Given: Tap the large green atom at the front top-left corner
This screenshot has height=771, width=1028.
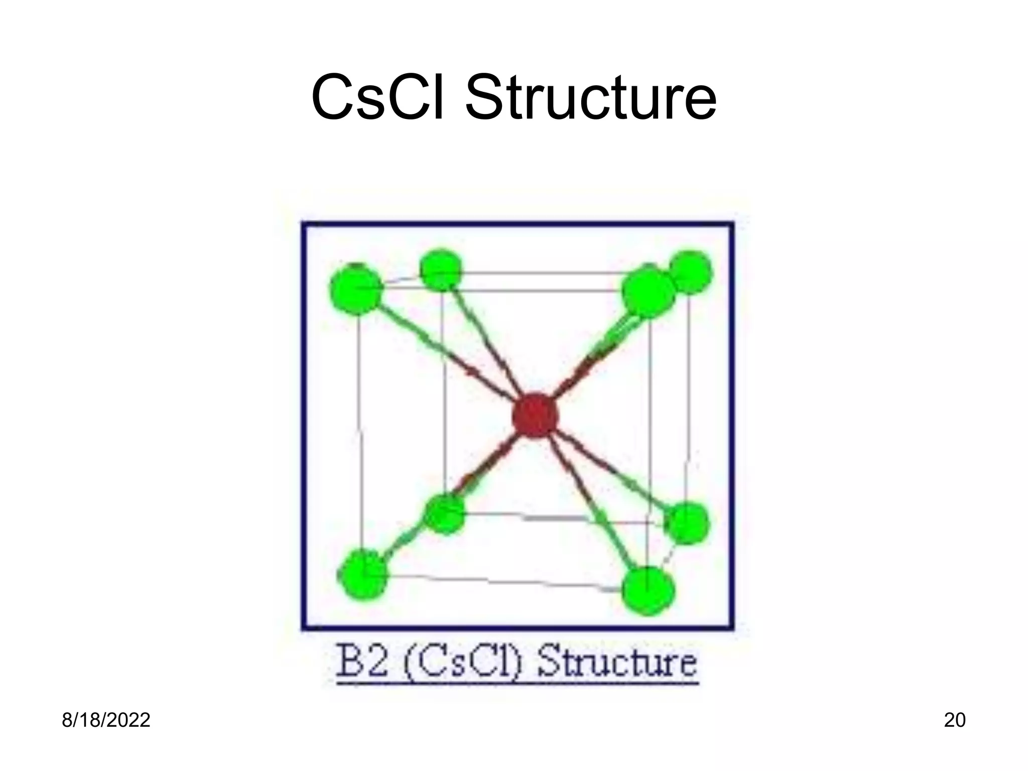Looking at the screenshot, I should click(x=356, y=290).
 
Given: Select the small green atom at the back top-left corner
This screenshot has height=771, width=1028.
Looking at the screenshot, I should click(x=441, y=270).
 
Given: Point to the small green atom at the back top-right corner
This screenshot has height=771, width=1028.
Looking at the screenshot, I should click(x=691, y=272).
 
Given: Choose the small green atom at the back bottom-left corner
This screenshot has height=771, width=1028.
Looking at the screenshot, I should click(x=444, y=514).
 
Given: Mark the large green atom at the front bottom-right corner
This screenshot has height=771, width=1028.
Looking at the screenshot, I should click(x=648, y=591).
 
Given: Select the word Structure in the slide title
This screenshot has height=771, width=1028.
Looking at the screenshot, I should click(x=590, y=97).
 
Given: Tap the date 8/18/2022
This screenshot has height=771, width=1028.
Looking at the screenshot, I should click(x=106, y=720).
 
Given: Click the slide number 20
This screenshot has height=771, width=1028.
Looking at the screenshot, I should click(x=955, y=720).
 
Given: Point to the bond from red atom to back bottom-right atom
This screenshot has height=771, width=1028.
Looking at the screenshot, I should click(x=610, y=469).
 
